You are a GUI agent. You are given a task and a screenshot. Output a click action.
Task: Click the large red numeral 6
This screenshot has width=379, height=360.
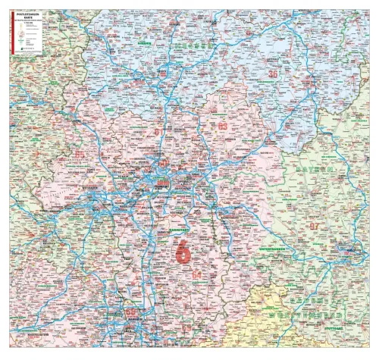point(183,251)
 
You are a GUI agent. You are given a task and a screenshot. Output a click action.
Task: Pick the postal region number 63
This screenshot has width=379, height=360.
point(222,125)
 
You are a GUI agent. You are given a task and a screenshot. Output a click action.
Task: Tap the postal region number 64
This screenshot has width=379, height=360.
point(197,274)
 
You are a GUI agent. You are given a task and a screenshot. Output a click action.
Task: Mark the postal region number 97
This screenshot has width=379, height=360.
point(314,226)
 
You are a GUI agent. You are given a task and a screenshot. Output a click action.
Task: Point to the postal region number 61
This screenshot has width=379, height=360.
point(158,131)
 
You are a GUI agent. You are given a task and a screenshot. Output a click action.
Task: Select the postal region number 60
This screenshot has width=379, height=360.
point(163,162)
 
